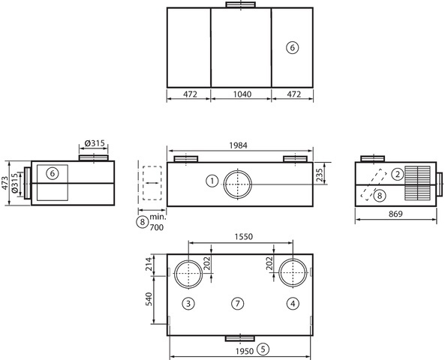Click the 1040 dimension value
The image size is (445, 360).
pos(242,94)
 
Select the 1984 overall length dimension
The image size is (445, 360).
pos(238,145)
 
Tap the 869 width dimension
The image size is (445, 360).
pos(395,214)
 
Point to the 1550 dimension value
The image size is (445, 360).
pos(243,236)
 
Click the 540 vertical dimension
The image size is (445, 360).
pos(149,299)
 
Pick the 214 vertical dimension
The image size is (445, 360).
pos(149,264)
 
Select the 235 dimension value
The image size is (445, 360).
pos(319,175)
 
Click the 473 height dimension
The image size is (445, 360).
pos(5,183)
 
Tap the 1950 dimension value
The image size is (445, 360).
pos(245,351)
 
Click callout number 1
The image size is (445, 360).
pos(212,181)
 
